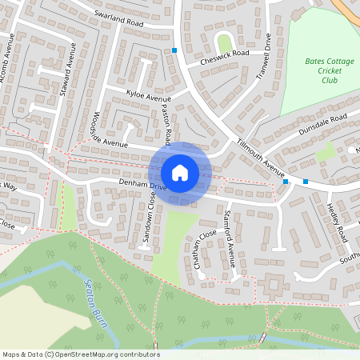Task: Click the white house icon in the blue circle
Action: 180,172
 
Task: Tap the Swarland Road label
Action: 118,19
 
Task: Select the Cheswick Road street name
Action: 225,54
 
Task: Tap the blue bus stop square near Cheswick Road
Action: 174,51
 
